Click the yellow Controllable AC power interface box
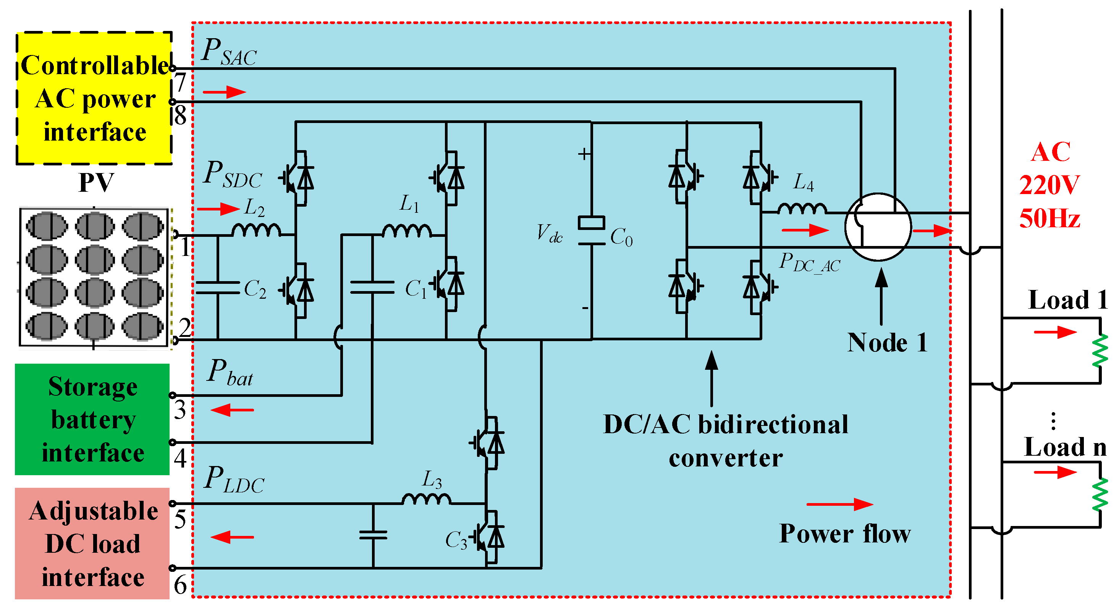pyautogui.click(x=94, y=98)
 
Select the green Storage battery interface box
pyautogui.click(x=92, y=419)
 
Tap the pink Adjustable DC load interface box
pyautogui.click(x=92, y=543)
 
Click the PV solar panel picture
pyautogui.click(x=94, y=277)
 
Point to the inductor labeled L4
pyautogui.click(x=802, y=209)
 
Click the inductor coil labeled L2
pyautogui.click(x=256, y=230)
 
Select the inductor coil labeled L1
pyautogui.click(x=407, y=231)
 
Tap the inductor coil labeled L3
pyautogui.click(x=426, y=499)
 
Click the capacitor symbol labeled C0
pyautogui.click(x=591, y=231)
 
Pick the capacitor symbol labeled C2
pyautogui.click(x=218, y=288)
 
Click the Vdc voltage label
pyautogui.click(x=549, y=233)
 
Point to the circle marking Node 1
pyautogui.click(x=878, y=227)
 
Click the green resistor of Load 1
pyautogui.click(x=1100, y=350)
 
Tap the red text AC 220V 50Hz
pyautogui.click(x=1049, y=185)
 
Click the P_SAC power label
pyautogui.click(x=230, y=52)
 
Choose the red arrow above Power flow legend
pyautogui.click(x=839, y=504)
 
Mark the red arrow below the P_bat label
pyautogui.click(x=233, y=410)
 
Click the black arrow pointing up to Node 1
pyautogui.click(x=881, y=296)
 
